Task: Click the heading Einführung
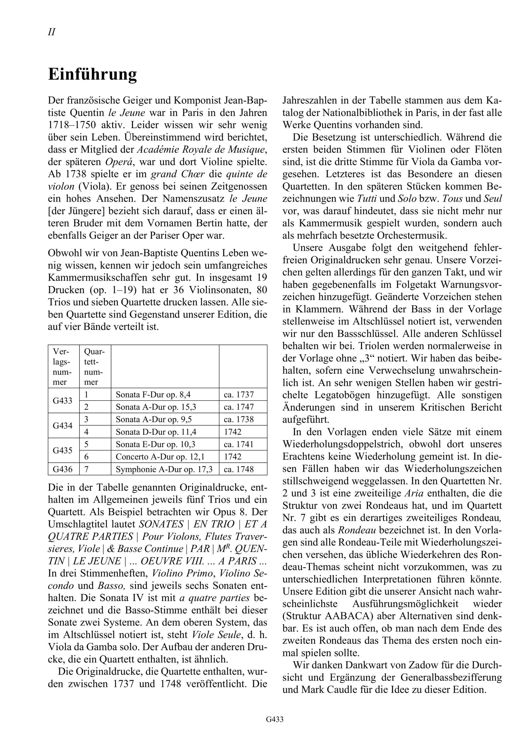coord(92,74)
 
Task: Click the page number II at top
coord(52,32)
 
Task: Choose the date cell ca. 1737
coord(239,395)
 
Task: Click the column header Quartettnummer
coord(95,367)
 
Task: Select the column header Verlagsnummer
coord(63,367)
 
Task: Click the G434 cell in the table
coord(62,426)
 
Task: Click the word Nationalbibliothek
coord(365,113)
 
